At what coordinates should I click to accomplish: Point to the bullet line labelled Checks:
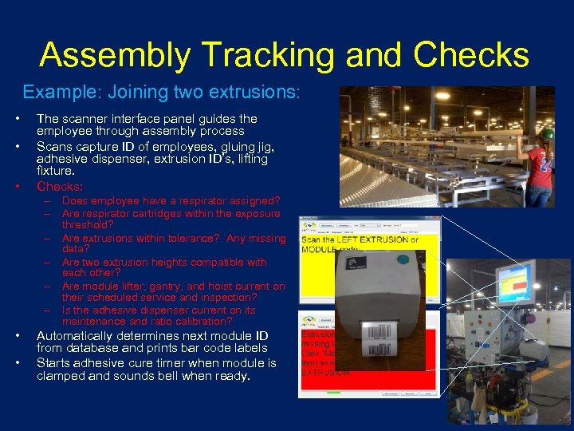tap(60, 186)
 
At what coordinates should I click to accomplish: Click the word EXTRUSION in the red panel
tap(325, 372)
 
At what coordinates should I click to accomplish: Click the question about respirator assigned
tap(171, 201)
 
